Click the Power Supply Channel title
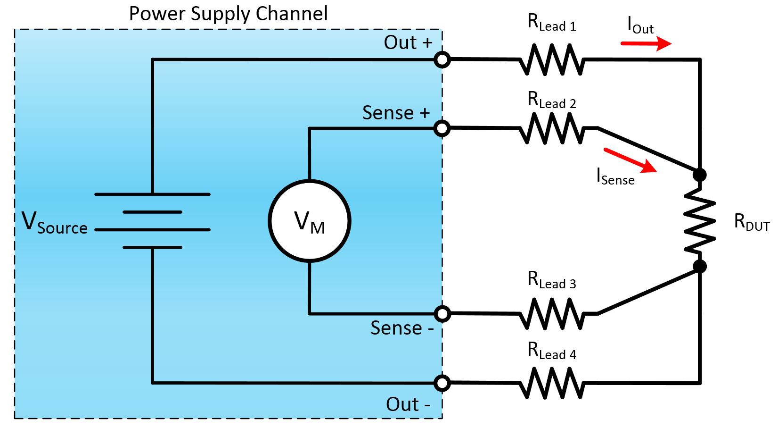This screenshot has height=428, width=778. [229, 14]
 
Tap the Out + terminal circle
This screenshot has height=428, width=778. [442, 60]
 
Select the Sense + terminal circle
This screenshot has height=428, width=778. [442, 128]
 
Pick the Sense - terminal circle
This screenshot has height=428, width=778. [442, 313]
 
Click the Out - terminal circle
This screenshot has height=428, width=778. [442, 383]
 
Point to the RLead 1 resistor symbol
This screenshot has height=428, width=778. [551, 60]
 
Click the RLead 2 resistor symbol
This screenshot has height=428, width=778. [551, 128]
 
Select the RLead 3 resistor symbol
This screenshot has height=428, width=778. [551, 313]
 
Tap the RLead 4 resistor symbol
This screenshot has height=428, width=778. [551, 383]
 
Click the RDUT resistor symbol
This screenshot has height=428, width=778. [700, 221]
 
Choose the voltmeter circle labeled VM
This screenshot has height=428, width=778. [310, 221]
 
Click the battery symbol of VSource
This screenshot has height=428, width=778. [152, 221]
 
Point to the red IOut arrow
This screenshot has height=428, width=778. [646, 44]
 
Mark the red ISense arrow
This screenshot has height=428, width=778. [630, 160]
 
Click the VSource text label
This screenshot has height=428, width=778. [55, 223]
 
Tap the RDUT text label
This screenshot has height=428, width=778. [752, 222]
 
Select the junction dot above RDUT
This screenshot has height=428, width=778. [700, 175]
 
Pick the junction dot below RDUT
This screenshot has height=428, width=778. [700, 267]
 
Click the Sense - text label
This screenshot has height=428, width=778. [401, 328]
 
